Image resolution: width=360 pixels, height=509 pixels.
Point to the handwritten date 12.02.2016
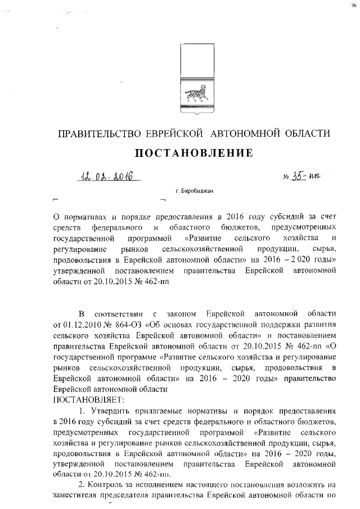coord(103,177)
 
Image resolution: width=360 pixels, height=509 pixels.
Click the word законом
coord(176,313)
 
